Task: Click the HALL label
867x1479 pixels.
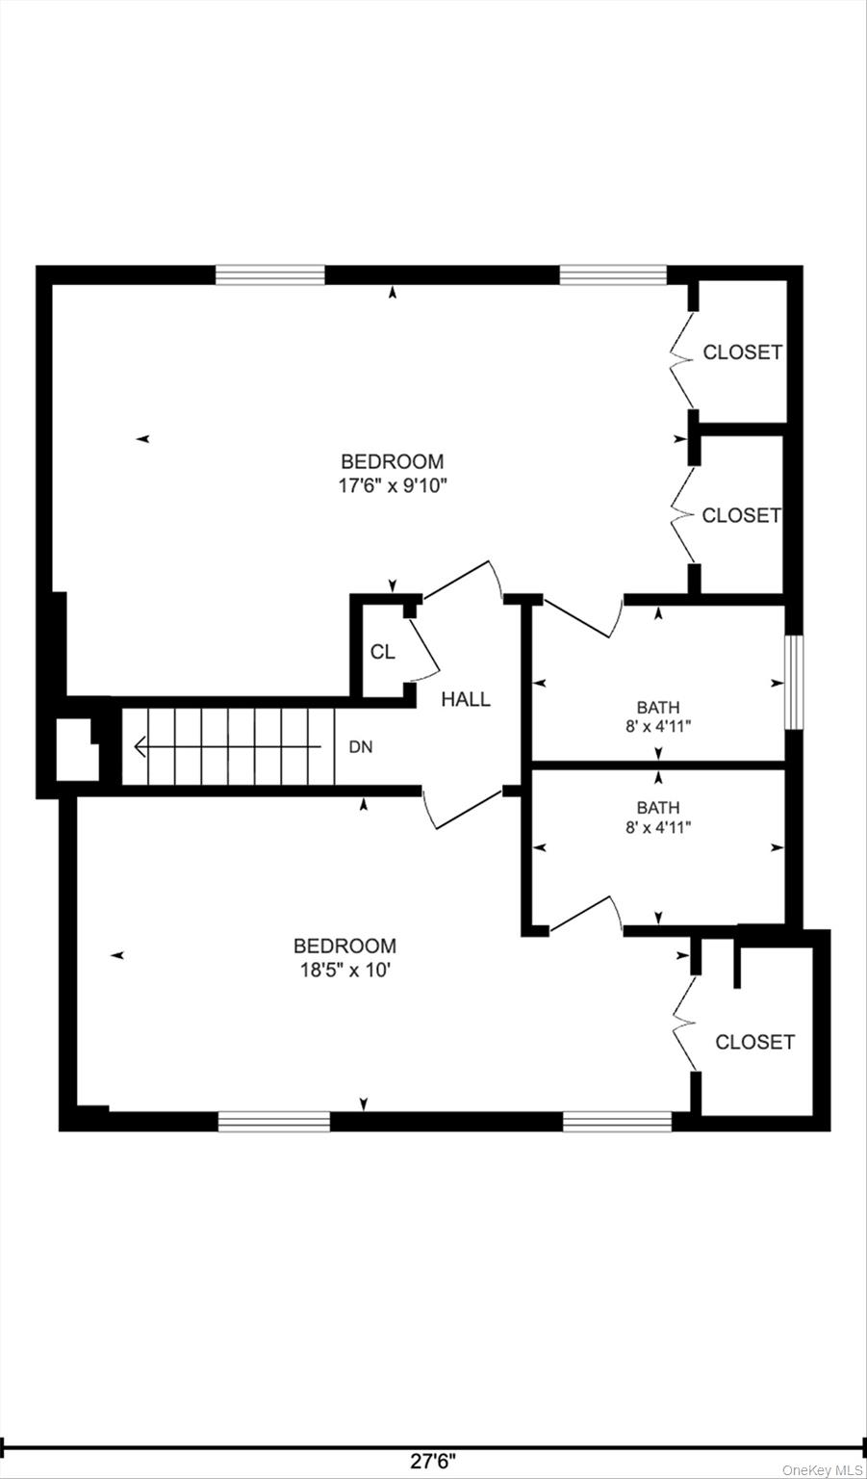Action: (465, 699)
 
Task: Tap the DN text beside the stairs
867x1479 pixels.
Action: (361, 747)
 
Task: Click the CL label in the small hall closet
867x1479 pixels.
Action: (383, 652)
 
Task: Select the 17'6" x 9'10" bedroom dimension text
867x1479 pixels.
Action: (394, 486)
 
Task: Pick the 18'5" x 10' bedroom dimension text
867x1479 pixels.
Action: (345, 971)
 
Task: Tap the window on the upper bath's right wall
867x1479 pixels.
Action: (795, 682)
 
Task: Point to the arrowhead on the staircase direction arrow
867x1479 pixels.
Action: (140, 747)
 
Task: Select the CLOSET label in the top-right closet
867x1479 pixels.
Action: (742, 351)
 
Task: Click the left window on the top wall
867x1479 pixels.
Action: (269, 274)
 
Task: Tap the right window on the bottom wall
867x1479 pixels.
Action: (617, 1122)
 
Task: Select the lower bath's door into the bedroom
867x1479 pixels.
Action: (586, 915)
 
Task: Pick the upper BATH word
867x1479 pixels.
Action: (658, 708)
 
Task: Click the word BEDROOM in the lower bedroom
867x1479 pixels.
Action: (345, 947)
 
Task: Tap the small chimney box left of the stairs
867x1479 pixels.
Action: (77, 749)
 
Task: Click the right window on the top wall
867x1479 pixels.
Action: (613, 274)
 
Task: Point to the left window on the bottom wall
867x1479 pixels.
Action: (274, 1122)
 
